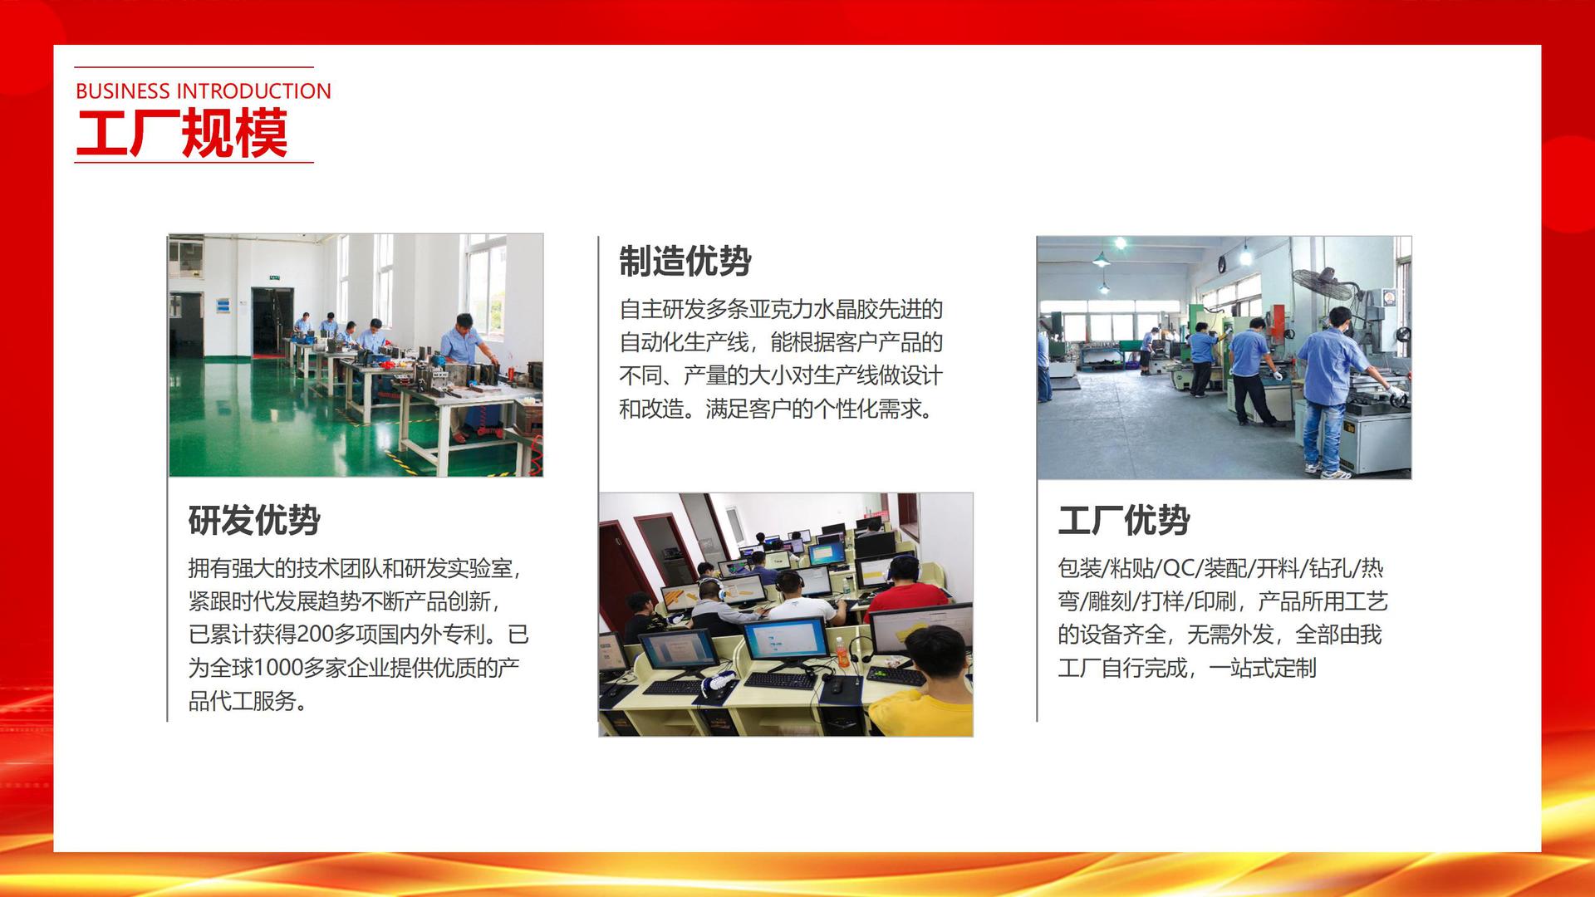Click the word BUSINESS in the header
click(x=122, y=91)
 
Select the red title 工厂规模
click(x=182, y=134)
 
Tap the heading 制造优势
click(x=685, y=262)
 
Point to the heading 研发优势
click(x=254, y=521)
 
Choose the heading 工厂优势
click(x=1123, y=521)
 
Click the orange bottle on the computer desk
click(x=842, y=653)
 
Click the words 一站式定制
click(x=1262, y=668)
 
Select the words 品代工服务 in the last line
click(x=242, y=701)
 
